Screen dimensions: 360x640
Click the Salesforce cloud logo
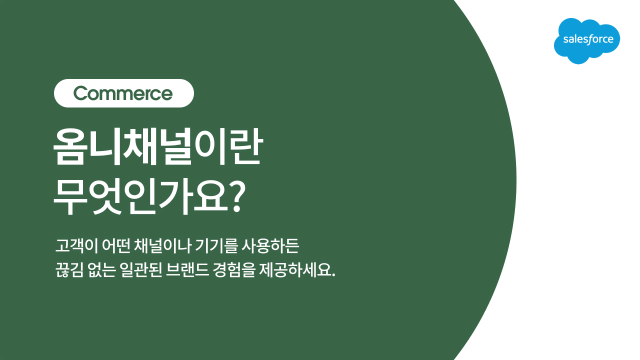pyautogui.click(x=586, y=40)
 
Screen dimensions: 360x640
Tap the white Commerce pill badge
pyautogui.click(x=123, y=93)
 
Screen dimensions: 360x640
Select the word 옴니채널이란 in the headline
pyautogui.click(x=157, y=147)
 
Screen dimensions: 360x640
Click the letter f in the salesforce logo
pyautogui.click(x=590, y=39)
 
